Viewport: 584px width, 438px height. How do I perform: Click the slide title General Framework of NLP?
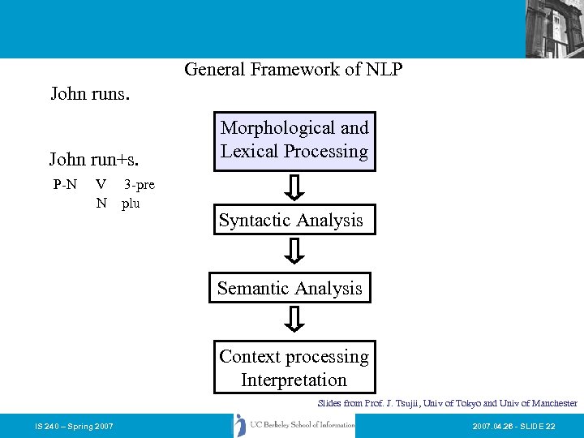[293, 70]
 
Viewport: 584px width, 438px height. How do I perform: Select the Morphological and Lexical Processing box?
[294, 140]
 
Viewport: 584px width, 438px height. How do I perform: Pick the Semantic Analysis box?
[290, 288]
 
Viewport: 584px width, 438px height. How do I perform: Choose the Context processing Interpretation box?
[294, 368]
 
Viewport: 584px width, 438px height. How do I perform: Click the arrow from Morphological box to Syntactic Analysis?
[297, 187]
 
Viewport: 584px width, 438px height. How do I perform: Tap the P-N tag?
[65, 184]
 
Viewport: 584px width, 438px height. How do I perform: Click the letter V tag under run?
[101, 184]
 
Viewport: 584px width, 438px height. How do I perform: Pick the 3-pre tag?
[139, 184]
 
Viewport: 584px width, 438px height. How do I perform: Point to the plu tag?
[131, 203]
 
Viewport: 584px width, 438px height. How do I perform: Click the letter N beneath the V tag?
[101, 203]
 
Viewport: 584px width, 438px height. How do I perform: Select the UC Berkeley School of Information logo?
[294, 425]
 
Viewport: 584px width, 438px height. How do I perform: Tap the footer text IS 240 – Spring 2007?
[74, 426]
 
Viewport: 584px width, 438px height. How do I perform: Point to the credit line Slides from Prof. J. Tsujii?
[447, 403]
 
